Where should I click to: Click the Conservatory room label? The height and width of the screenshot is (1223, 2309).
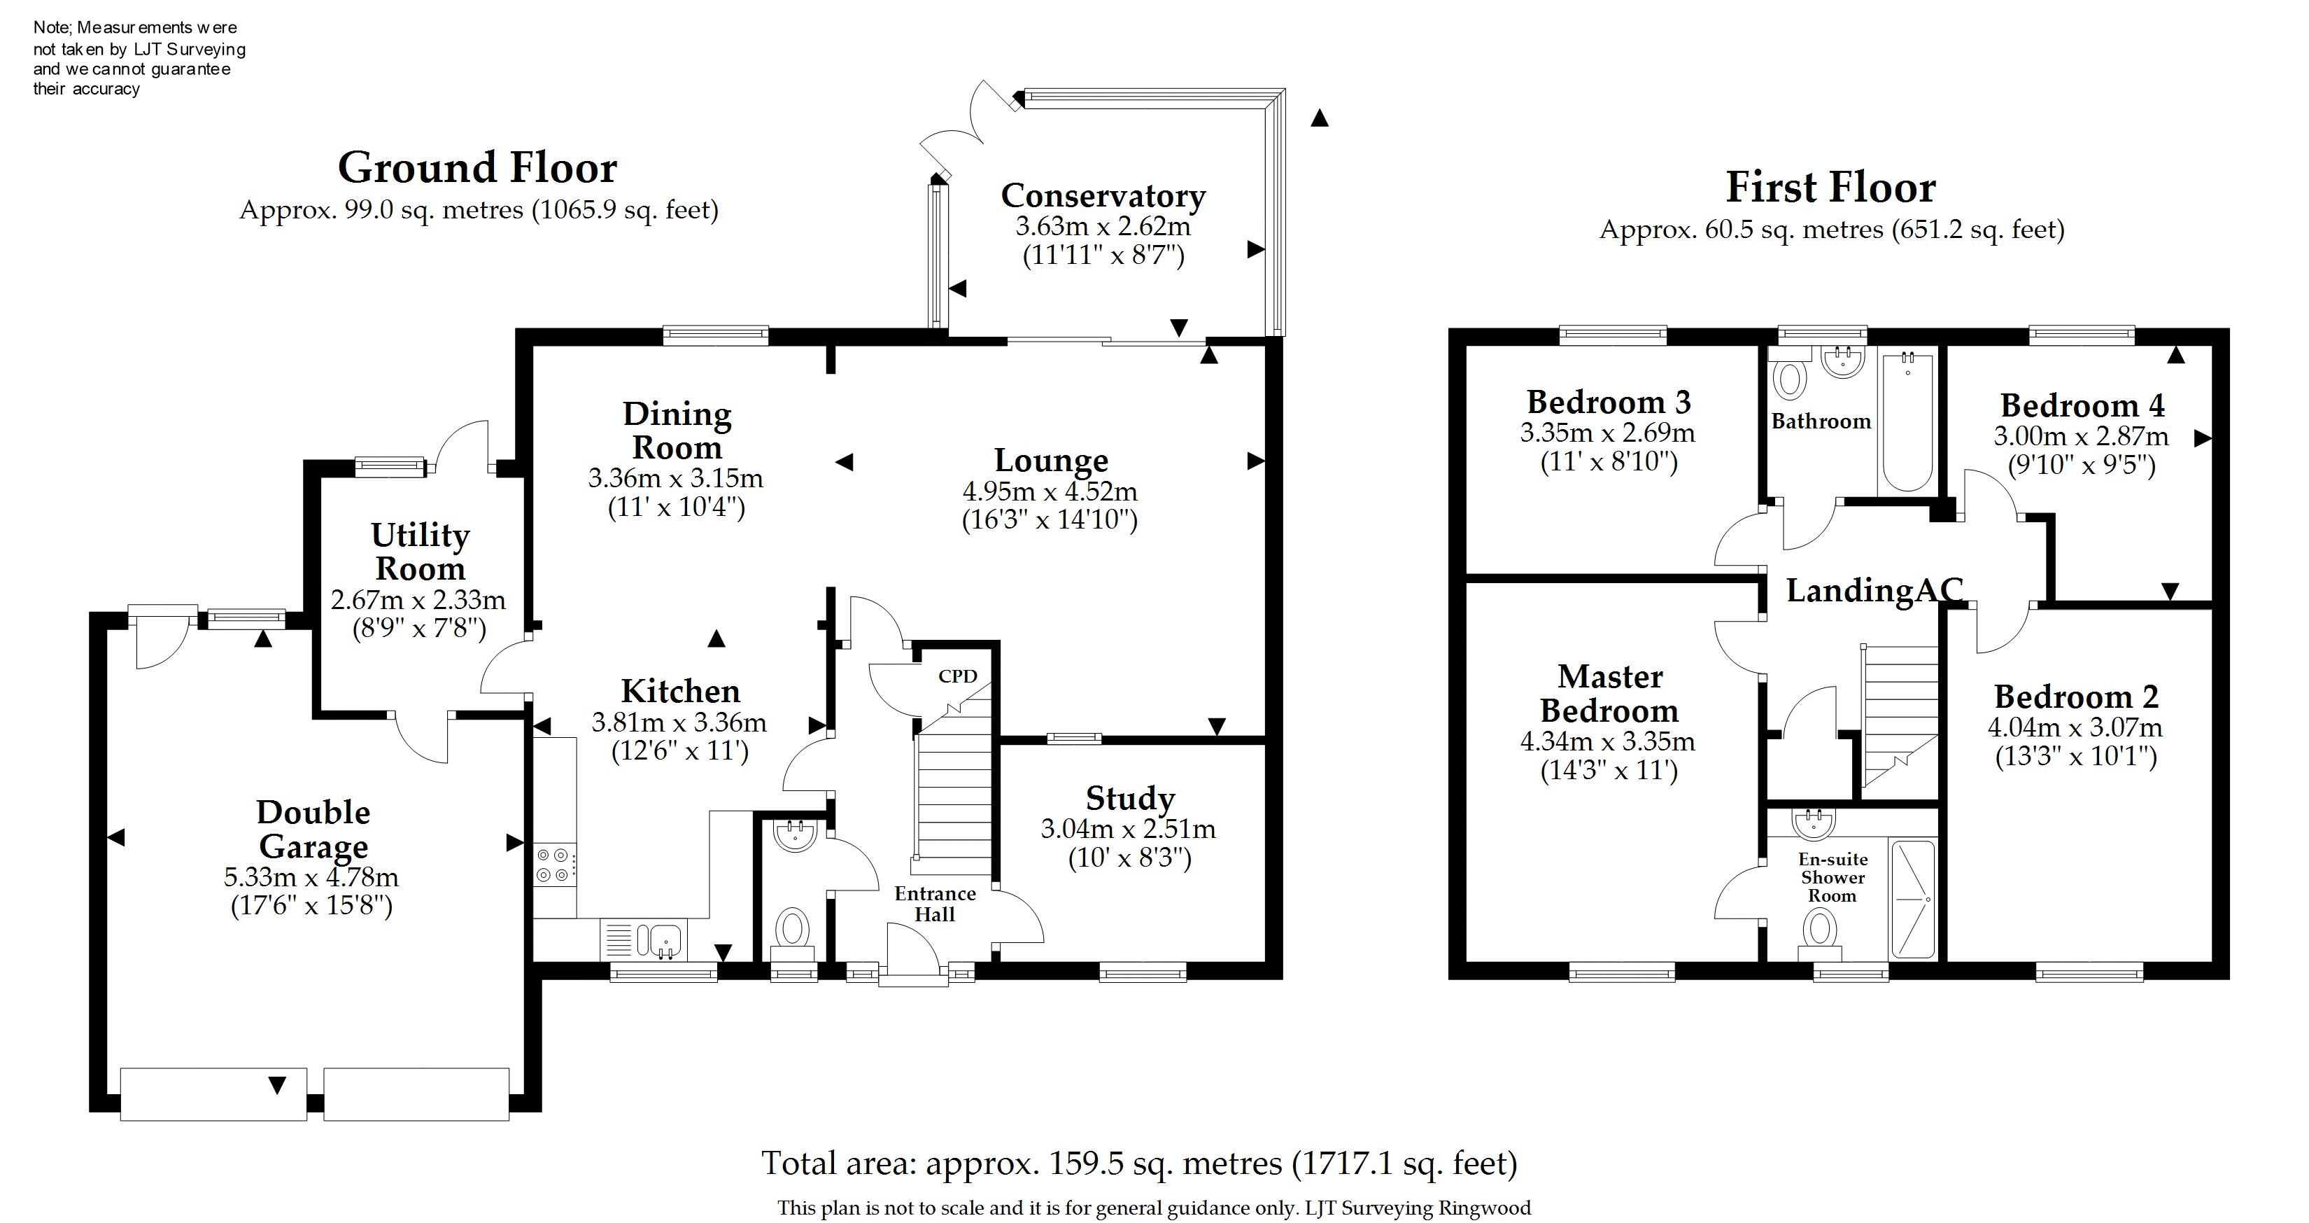(1103, 195)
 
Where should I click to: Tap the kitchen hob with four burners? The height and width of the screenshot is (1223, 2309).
(556, 865)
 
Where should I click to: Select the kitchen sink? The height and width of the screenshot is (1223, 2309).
(659, 939)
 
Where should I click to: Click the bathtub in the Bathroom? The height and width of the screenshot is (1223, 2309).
(1907, 421)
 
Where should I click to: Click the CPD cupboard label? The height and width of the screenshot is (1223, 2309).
(957, 676)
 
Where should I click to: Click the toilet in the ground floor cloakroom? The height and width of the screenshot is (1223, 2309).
(792, 932)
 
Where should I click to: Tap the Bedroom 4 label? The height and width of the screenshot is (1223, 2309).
(2082, 405)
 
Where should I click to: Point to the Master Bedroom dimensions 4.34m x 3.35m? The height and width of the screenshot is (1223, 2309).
(1608, 741)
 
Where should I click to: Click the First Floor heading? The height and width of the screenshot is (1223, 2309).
(1831, 188)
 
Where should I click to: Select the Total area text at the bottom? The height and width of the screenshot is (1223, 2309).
(1139, 1163)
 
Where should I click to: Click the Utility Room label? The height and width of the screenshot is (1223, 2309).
(421, 552)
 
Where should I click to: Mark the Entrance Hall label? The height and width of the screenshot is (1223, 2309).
(935, 904)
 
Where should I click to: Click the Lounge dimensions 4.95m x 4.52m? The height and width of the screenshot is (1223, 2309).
(1050, 491)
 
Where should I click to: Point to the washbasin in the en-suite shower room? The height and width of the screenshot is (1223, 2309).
(1814, 820)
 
